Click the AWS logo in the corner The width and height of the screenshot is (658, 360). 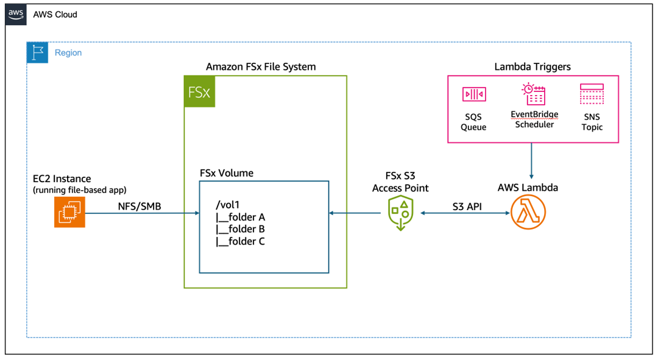[x=16, y=14]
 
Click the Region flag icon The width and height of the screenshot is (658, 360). [x=37, y=53]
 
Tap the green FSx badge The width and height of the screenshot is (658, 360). [x=200, y=92]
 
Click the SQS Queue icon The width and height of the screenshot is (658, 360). [x=473, y=95]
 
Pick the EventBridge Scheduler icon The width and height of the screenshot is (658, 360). [x=534, y=95]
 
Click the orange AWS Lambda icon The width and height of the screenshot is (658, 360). [x=528, y=212]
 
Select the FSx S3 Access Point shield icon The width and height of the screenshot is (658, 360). [x=400, y=214]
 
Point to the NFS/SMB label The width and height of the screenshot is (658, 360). [x=140, y=206]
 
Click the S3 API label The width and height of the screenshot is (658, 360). [x=467, y=206]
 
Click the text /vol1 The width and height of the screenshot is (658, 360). [x=227, y=205]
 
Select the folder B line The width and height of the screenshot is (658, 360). [x=240, y=229]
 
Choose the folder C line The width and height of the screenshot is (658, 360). [x=240, y=241]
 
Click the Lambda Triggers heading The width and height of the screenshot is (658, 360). [x=532, y=66]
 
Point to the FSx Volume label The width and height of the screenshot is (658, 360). [x=227, y=173]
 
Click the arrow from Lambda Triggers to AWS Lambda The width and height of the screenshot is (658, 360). [x=533, y=160]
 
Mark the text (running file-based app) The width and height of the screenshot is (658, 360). [x=80, y=190]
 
